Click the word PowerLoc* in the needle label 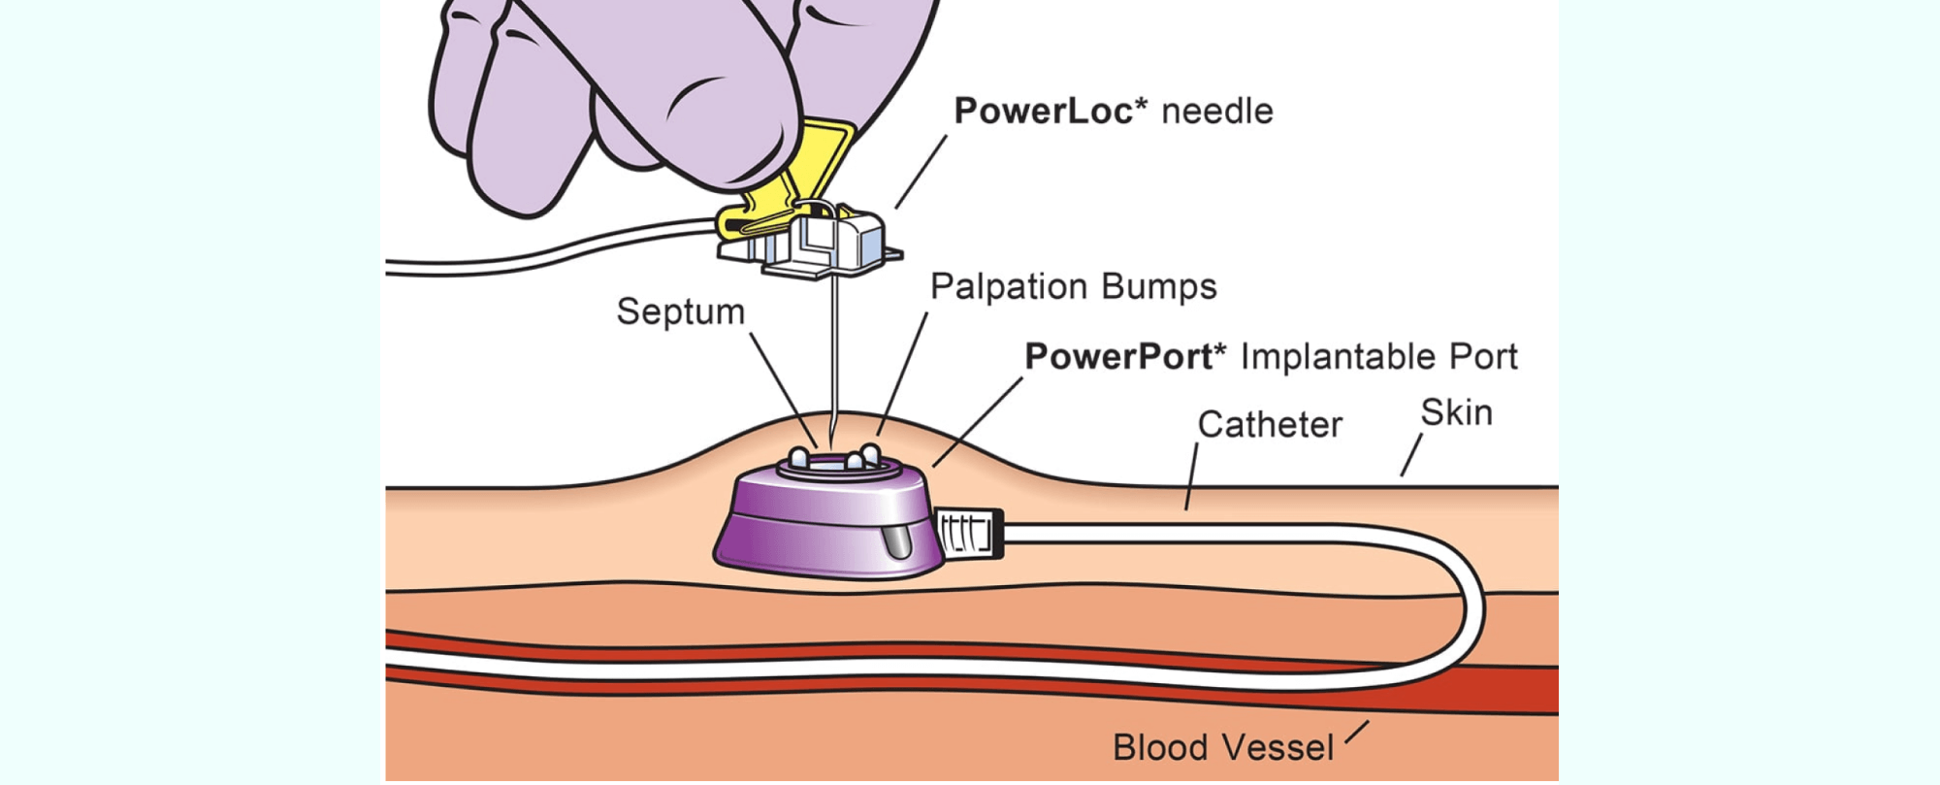tap(1043, 111)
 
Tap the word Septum tap(681, 312)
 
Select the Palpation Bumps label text tap(1073, 287)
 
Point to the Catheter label tap(1270, 425)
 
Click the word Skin tap(1456, 413)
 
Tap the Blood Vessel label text tap(1223, 748)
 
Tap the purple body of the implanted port tap(815, 529)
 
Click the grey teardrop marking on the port tap(897, 541)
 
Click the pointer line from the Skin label tap(1411, 455)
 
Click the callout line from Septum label tap(781, 383)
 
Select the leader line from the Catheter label tap(1192, 476)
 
